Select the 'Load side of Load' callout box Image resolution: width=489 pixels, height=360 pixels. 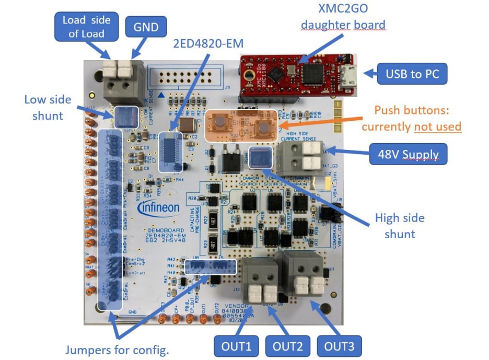(87, 27)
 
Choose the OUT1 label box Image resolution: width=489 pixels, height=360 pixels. (236, 346)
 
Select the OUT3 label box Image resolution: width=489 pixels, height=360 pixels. (340, 346)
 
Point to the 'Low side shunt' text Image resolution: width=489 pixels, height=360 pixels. (48, 107)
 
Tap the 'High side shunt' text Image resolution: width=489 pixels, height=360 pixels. (400, 226)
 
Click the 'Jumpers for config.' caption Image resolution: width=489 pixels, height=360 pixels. (117, 350)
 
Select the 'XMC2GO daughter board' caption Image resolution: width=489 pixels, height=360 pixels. (343, 17)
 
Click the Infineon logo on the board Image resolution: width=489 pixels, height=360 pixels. (159, 207)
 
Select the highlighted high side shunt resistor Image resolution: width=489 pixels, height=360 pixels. (260, 157)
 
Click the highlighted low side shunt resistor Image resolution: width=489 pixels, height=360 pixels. (126, 117)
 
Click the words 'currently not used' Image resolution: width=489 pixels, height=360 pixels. (411, 126)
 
